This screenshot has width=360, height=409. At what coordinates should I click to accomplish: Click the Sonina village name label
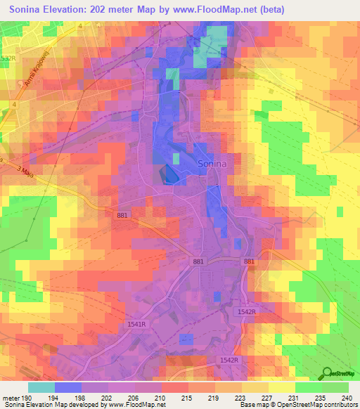click(x=212, y=162)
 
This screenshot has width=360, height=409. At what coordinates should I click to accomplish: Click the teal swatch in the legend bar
click(x=41, y=387)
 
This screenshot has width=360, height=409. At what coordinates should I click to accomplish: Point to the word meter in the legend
click(x=13, y=398)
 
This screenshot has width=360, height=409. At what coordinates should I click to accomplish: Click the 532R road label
click(x=8, y=58)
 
